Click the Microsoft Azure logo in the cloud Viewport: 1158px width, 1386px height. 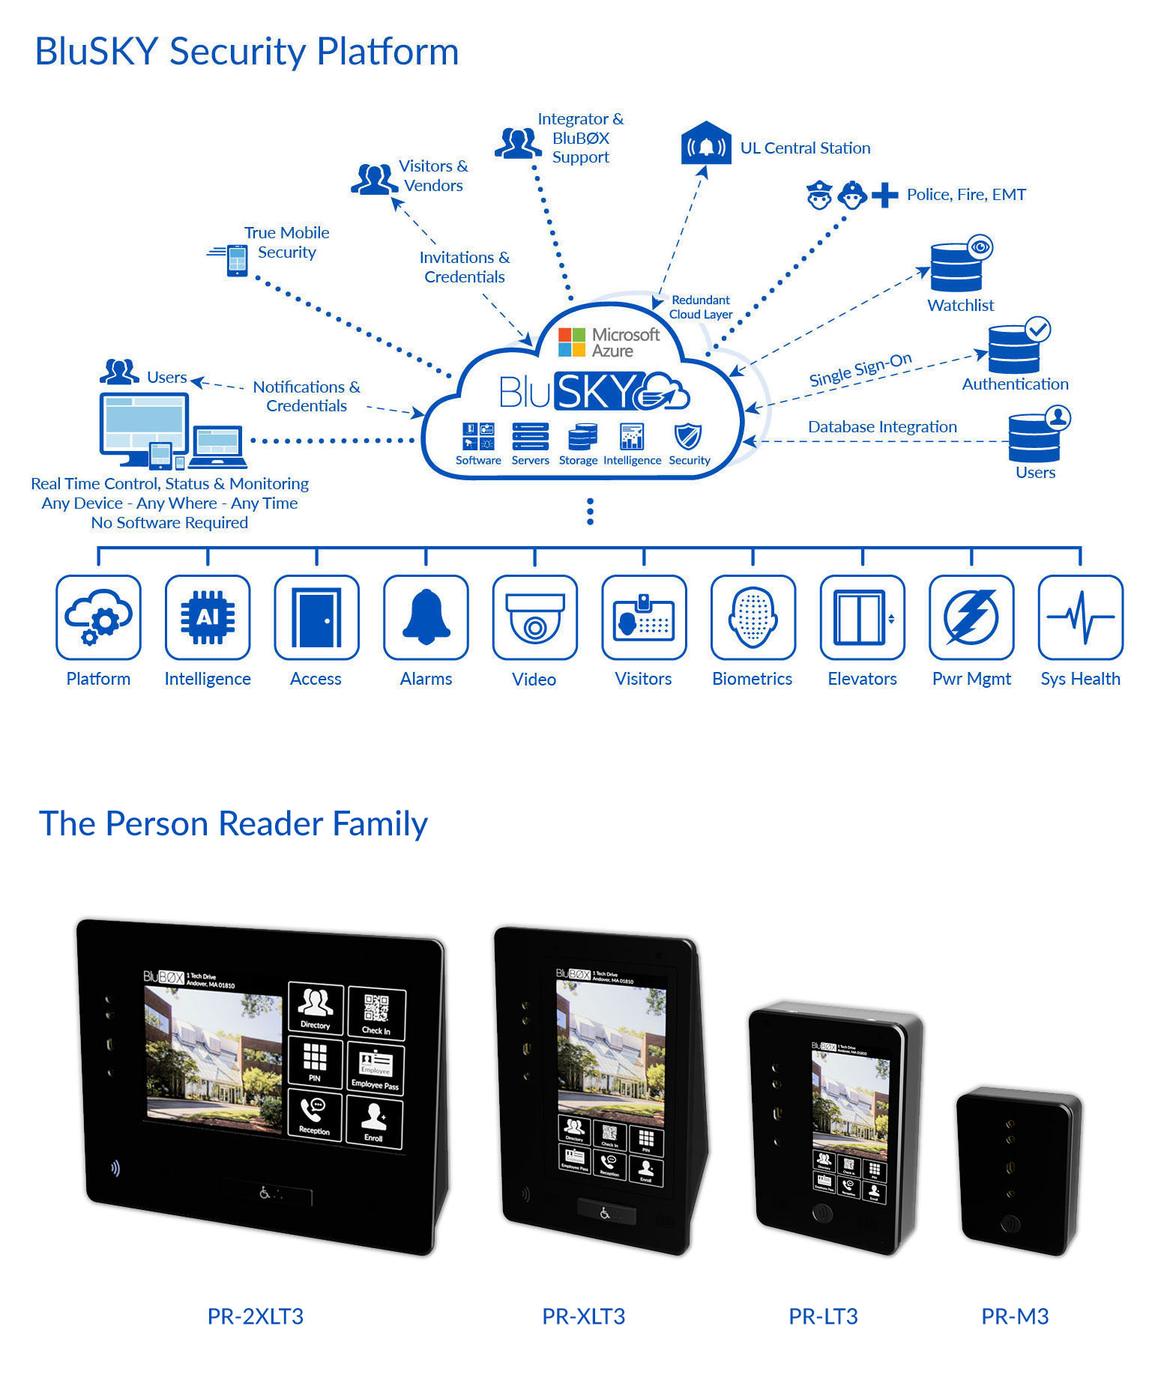point(609,342)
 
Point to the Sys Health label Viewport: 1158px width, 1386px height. point(1080,679)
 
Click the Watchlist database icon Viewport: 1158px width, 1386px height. point(957,267)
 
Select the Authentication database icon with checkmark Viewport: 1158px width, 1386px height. point(1015,348)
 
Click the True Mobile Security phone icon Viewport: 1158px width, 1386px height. point(236,260)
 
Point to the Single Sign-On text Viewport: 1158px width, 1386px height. point(860,369)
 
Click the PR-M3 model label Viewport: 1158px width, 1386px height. point(1015,1316)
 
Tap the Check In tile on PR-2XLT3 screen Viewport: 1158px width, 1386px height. point(376,1012)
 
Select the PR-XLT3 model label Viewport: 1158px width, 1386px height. point(583,1316)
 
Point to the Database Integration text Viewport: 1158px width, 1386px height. point(882,427)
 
